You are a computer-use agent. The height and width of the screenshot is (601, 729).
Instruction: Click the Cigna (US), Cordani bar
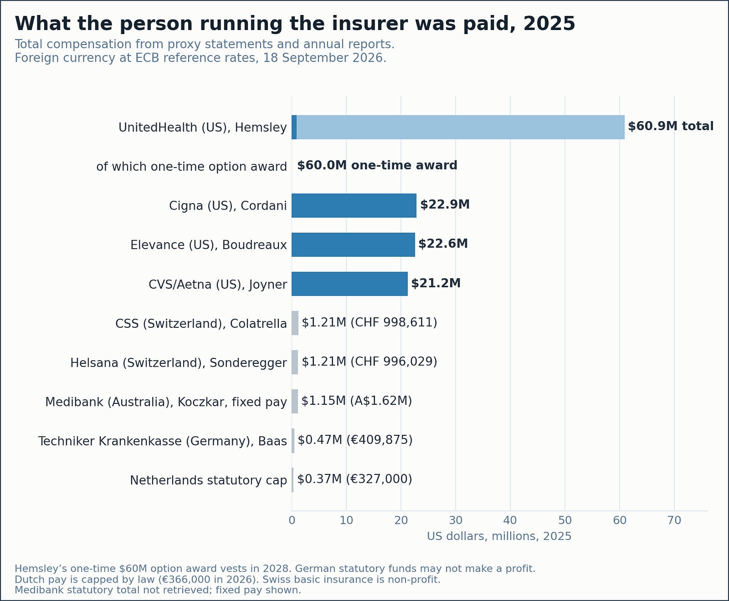(x=353, y=206)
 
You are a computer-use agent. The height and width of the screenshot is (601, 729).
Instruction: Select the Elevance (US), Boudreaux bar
(x=353, y=245)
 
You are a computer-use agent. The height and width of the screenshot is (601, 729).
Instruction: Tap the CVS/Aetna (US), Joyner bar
(x=349, y=284)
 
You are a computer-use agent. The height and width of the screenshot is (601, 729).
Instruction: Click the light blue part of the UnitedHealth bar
(x=461, y=127)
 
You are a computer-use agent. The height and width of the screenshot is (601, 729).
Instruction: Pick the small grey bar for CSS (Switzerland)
(x=295, y=323)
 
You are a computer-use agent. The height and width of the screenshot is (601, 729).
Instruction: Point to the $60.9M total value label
(x=670, y=126)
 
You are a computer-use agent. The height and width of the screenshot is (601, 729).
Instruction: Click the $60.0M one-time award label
(x=377, y=166)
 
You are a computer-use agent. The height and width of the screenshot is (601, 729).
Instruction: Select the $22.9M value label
(x=445, y=205)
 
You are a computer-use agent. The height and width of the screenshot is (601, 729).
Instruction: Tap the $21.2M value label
(x=436, y=283)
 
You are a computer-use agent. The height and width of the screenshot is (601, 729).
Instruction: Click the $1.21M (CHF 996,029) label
(x=370, y=362)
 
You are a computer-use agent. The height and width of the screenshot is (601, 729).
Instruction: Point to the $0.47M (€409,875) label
(x=355, y=440)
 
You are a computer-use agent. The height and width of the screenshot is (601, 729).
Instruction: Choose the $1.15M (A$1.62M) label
(x=356, y=401)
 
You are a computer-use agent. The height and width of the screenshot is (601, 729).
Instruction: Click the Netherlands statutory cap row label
(x=208, y=480)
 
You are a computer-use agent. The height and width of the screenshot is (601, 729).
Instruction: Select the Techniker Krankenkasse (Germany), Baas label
(x=163, y=441)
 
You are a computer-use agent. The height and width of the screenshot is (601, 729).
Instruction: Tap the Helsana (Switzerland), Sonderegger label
(x=178, y=363)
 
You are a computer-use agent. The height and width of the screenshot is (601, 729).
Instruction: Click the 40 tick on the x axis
(x=510, y=520)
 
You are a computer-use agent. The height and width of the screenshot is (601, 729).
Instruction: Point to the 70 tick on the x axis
(x=674, y=520)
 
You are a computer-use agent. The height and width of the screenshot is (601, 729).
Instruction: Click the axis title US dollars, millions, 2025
(x=499, y=536)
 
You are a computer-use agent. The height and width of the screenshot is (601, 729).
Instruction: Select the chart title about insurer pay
(x=295, y=24)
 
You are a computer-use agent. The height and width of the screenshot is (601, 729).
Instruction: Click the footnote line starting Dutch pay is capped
(x=228, y=579)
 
